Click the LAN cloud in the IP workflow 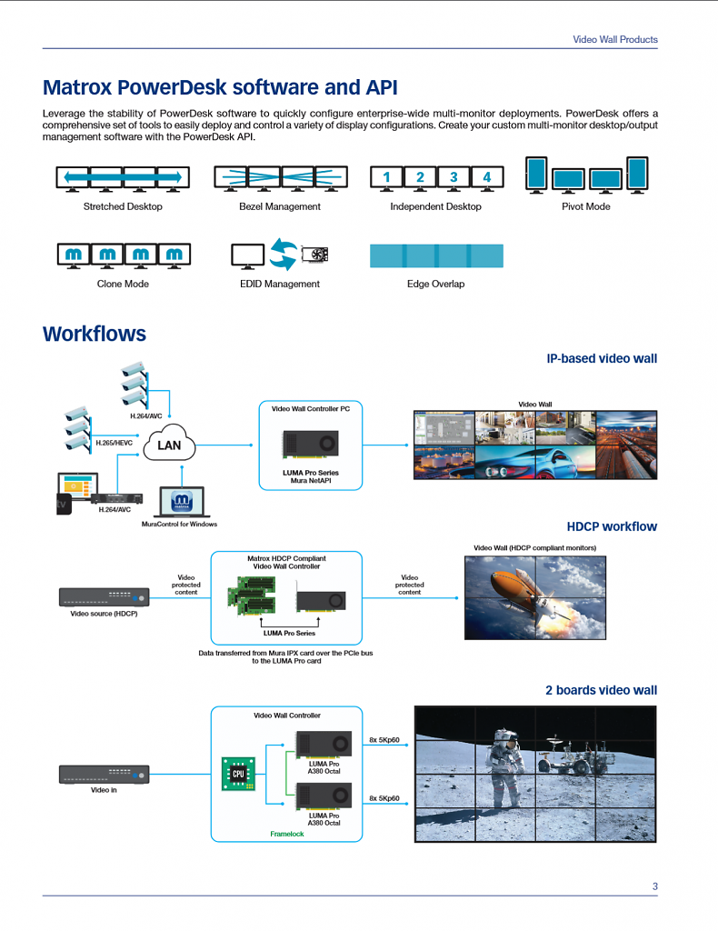tap(169, 444)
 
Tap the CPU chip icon tap(238, 774)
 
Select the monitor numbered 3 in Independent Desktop tap(454, 177)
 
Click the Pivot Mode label tap(585, 206)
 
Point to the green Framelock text tap(286, 835)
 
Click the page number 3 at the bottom tap(655, 886)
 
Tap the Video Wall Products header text tap(614, 39)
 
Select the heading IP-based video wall tap(602, 358)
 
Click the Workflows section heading tap(95, 334)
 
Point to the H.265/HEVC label tap(114, 443)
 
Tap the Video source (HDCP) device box tap(104, 596)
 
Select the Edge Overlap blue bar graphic tap(436, 255)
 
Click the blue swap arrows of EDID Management tap(283, 255)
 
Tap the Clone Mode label tap(123, 284)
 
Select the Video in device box tap(104, 775)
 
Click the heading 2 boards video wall tap(601, 690)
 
